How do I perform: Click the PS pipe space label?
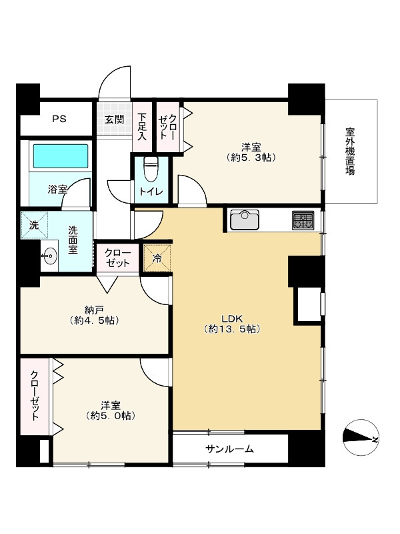point(59,119)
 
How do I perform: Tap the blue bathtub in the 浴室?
point(61,156)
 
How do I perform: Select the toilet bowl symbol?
point(149,169)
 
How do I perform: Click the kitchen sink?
point(245,220)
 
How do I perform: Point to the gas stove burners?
point(303,220)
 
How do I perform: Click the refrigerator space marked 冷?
point(157,258)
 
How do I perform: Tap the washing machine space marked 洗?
point(34,225)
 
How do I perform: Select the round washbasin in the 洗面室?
point(49,255)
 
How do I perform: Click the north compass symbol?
point(361,439)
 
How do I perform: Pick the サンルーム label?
point(230,449)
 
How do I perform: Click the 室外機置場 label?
point(350,151)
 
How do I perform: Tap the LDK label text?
point(232,319)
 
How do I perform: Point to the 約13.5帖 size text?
point(232,329)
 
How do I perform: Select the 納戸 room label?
point(94,310)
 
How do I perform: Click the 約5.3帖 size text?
point(251,158)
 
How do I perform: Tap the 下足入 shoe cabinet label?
point(141,126)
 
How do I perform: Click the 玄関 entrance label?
point(114,119)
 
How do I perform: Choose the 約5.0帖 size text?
point(111,415)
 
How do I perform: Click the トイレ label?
point(151,192)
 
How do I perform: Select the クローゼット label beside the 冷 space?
point(117,258)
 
